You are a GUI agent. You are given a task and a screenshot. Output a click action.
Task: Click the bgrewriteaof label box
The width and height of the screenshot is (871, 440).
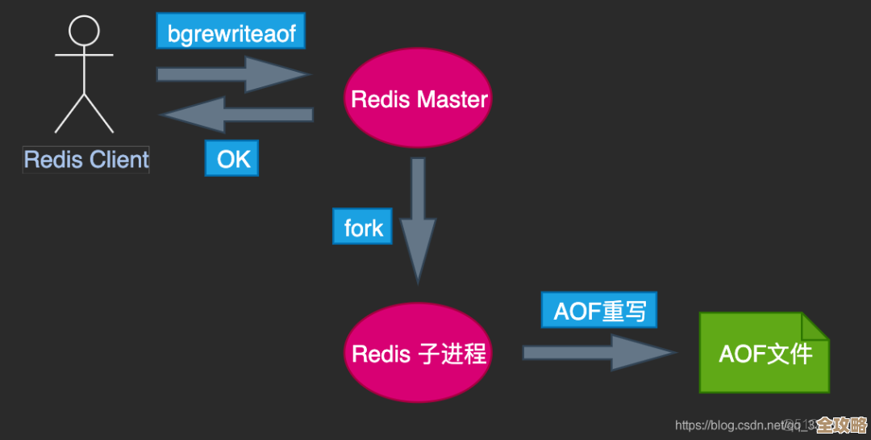[x=231, y=33]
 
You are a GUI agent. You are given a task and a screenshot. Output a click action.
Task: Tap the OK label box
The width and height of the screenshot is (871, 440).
[x=233, y=159]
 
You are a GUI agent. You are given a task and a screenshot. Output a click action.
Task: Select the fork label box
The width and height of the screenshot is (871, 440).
[x=363, y=228]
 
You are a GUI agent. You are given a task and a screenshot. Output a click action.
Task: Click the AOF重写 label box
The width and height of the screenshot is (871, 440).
[x=599, y=311]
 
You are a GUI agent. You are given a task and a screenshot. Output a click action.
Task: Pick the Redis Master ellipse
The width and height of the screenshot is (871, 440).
[x=418, y=100]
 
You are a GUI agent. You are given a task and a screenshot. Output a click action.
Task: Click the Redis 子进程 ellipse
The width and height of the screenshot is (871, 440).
[x=418, y=354]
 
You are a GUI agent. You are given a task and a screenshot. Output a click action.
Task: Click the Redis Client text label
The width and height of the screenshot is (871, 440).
[x=85, y=159]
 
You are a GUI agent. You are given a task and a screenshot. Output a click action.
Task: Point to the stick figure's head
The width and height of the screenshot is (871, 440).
[x=84, y=31]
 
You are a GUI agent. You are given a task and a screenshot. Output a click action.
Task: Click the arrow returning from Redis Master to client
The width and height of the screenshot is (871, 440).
[x=238, y=115]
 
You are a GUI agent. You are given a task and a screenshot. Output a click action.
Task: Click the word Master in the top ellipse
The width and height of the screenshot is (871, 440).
[x=453, y=100]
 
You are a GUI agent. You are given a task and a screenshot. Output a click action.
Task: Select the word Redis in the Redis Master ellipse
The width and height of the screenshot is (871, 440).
[x=381, y=100]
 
